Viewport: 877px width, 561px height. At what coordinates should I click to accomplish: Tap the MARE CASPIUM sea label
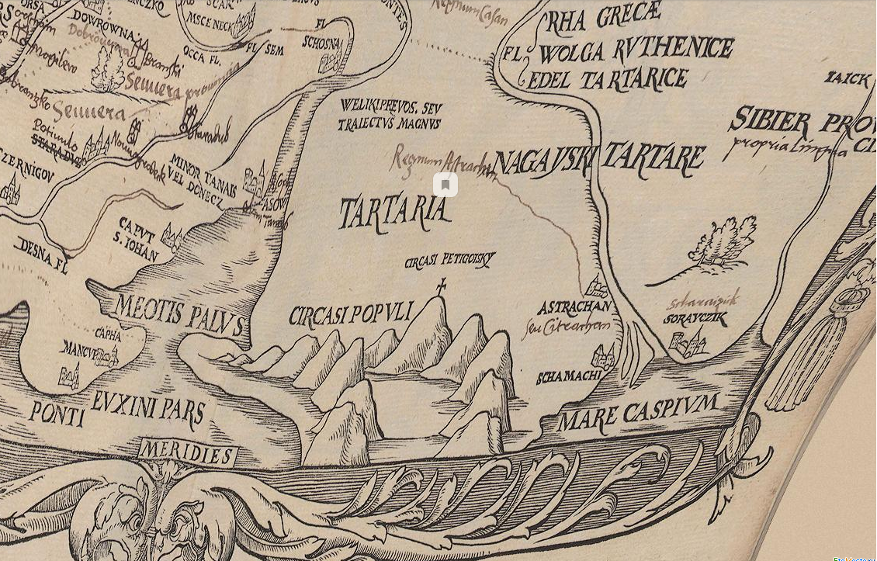pyautogui.click(x=637, y=414)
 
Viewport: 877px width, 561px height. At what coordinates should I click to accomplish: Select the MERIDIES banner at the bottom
pyautogui.click(x=187, y=453)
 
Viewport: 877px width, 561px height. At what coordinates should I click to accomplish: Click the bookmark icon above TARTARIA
pyautogui.click(x=445, y=185)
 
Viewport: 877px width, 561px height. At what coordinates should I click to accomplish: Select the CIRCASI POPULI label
pyautogui.click(x=349, y=314)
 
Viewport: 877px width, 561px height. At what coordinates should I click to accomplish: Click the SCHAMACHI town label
pyautogui.click(x=569, y=378)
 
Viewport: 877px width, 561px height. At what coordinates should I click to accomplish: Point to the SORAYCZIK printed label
pyautogui.click(x=695, y=319)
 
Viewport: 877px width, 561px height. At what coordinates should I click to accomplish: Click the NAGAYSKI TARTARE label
pyautogui.click(x=598, y=160)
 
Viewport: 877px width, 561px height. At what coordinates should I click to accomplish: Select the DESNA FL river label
pyautogui.click(x=40, y=255)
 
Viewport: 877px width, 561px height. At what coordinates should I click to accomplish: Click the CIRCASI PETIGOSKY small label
pyautogui.click(x=449, y=261)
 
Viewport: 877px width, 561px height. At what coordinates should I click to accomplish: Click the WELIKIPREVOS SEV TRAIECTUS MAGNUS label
pyautogui.click(x=390, y=116)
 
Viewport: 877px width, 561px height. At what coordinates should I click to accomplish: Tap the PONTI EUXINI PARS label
pyautogui.click(x=116, y=411)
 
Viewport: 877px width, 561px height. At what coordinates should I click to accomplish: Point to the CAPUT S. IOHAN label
pyautogui.click(x=139, y=244)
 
